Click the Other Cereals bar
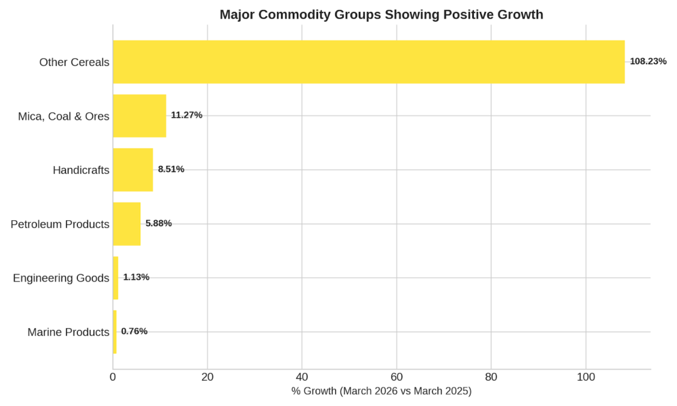tap(368, 61)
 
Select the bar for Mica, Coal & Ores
tap(139, 116)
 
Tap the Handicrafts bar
tap(133, 170)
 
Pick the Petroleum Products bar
tap(126, 223)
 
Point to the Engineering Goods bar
tap(116, 278)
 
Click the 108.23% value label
tap(648, 61)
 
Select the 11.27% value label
tap(186, 115)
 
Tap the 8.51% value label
tap(171, 169)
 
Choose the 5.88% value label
tap(159, 223)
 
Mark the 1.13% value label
tap(136, 277)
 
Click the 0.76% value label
tap(134, 331)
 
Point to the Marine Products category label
tap(68, 332)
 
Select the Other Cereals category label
tap(74, 62)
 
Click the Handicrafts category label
tap(81, 170)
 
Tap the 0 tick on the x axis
tap(113, 378)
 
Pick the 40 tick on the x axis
tap(302, 378)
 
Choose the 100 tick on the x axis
tap(586, 378)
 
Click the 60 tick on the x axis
tap(397, 378)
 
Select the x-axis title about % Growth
tap(381, 391)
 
